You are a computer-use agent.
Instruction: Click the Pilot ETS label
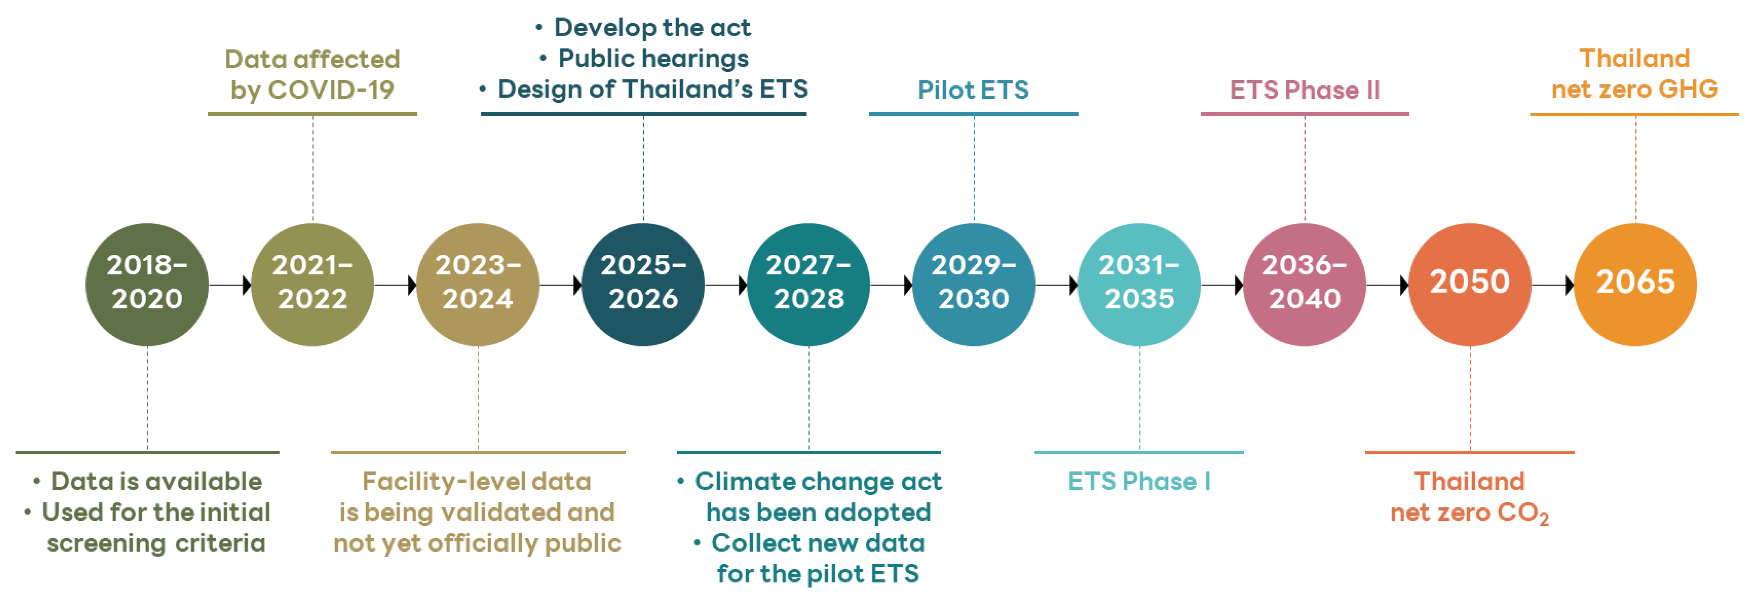click(973, 90)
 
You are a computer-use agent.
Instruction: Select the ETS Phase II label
click(1305, 90)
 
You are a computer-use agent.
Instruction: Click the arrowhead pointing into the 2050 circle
click(1404, 285)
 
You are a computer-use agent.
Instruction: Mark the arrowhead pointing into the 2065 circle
click(1570, 285)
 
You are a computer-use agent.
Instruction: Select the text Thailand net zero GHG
click(1635, 74)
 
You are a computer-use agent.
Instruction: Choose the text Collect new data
click(818, 543)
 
